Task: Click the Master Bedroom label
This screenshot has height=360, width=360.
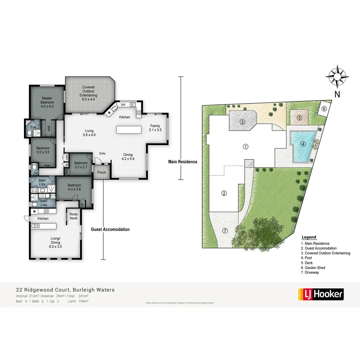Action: tap(47, 102)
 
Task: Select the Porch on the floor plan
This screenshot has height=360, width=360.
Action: tap(101, 172)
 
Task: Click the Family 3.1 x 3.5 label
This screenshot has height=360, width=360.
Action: tap(155, 128)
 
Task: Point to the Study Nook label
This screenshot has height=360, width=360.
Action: tap(73, 216)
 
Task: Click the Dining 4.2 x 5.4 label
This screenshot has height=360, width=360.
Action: tap(128, 157)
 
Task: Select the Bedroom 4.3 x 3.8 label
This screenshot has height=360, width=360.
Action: tap(74, 187)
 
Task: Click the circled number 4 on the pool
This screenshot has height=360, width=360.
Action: tap(303, 144)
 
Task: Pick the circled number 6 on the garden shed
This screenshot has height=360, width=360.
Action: tap(324, 108)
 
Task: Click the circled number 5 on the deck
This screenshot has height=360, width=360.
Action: tap(299, 118)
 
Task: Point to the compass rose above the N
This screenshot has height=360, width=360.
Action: tap(337, 76)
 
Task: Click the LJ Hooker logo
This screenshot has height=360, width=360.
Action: tap(320, 294)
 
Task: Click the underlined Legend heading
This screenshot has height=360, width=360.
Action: tap(309, 237)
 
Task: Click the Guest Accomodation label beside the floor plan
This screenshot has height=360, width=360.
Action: tap(110, 229)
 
